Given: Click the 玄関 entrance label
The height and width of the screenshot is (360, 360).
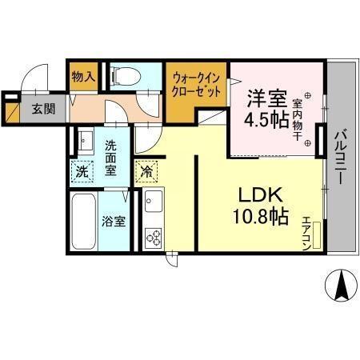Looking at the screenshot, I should coord(44,110).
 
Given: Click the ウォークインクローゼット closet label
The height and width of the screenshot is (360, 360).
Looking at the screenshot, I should coord(197,86).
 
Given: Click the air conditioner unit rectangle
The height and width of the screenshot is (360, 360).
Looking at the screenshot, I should coord(318,234).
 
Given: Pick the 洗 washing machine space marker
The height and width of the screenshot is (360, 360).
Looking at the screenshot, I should coord(82,170).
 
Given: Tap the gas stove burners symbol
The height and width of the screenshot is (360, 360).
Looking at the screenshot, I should coord(153,237).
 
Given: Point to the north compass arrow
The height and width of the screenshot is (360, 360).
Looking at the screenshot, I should coord(341,285).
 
